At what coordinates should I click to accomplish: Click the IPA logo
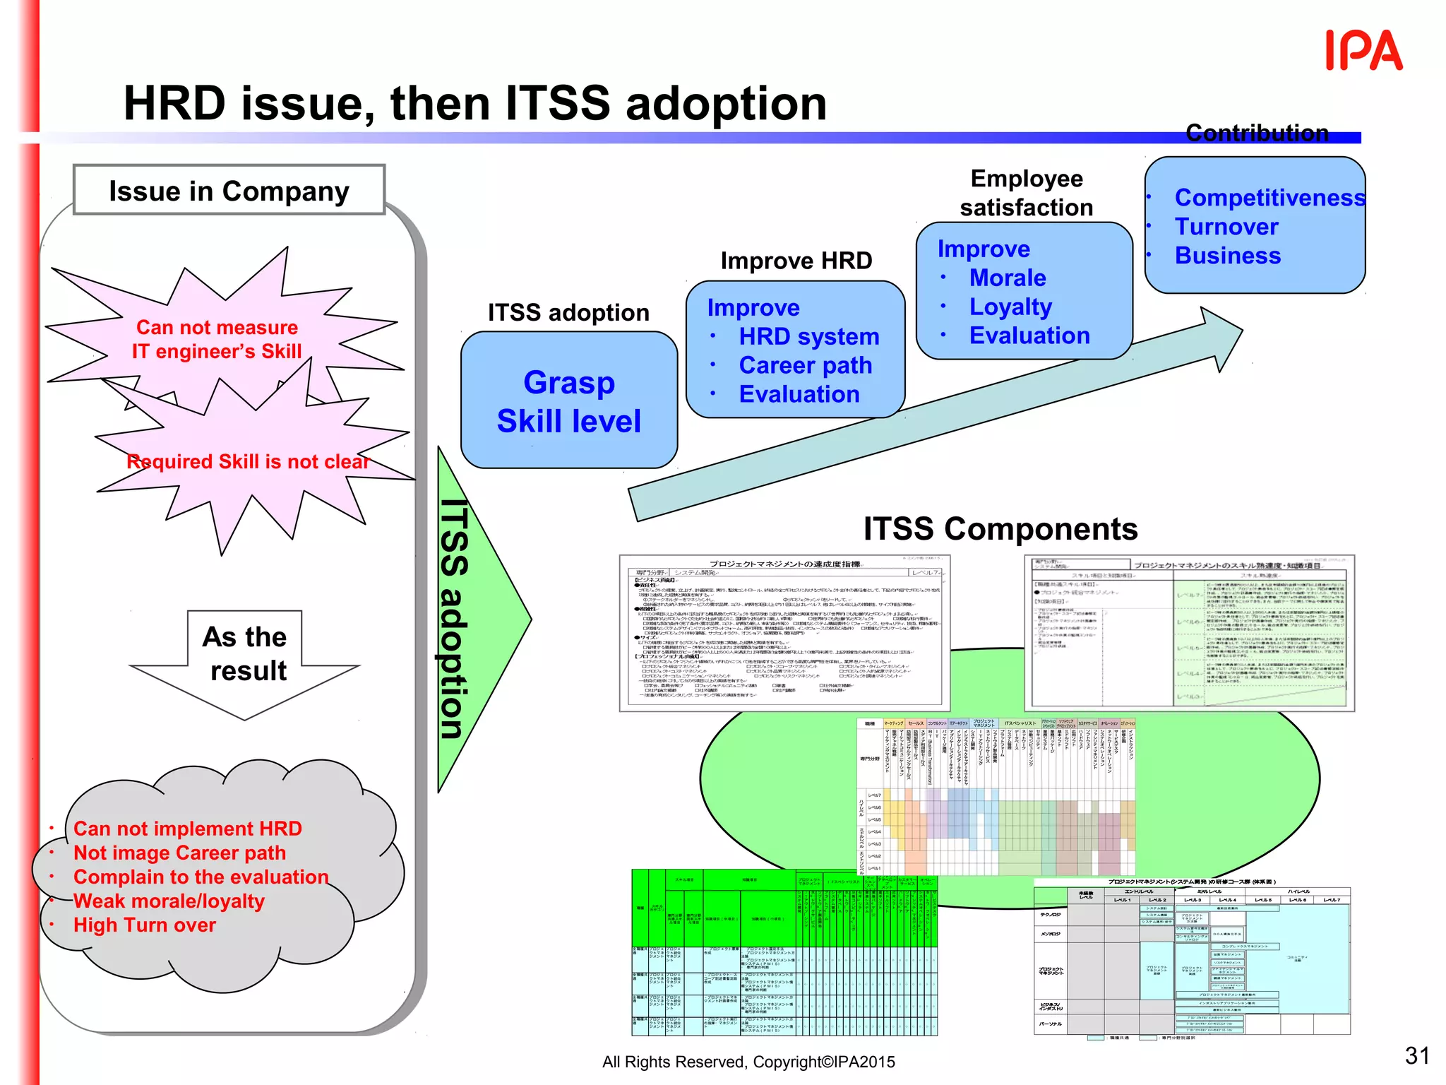tap(1363, 51)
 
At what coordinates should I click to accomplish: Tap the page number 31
tap(1416, 1055)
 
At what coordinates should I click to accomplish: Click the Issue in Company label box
tap(229, 191)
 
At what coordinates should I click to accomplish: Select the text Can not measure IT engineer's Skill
tap(217, 340)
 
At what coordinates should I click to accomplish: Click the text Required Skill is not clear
tap(248, 462)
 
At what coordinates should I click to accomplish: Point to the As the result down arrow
tap(245, 660)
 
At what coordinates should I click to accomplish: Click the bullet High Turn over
tap(144, 925)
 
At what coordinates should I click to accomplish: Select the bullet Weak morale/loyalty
tap(169, 901)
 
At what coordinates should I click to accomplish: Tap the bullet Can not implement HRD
tap(187, 829)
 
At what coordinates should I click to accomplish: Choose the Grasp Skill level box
tap(569, 401)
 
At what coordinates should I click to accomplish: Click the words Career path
tap(805, 365)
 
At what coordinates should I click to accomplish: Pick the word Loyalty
tap(1010, 307)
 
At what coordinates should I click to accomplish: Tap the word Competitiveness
tap(1269, 198)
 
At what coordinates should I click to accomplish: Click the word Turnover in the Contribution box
tap(1226, 227)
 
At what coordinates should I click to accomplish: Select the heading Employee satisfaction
tap(1026, 193)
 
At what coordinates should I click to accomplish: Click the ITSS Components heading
tap(1000, 529)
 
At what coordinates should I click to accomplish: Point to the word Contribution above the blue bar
tap(1257, 133)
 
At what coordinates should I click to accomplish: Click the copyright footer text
tap(748, 1062)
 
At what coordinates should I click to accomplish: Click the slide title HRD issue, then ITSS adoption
tap(475, 103)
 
